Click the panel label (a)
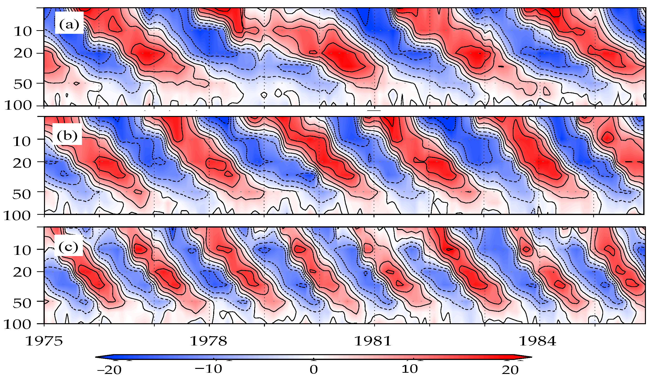(x=69, y=25)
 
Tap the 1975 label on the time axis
(x=44, y=341)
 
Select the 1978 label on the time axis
(x=208, y=341)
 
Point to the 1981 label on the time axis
(x=373, y=341)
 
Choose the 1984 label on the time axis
(x=537, y=341)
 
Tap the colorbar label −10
(x=208, y=369)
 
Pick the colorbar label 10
(x=410, y=369)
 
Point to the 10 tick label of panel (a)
(x=22, y=32)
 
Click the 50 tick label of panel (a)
(x=22, y=84)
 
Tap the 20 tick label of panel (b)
(x=22, y=163)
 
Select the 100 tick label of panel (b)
(x=17, y=216)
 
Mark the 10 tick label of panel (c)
(x=22, y=251)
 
